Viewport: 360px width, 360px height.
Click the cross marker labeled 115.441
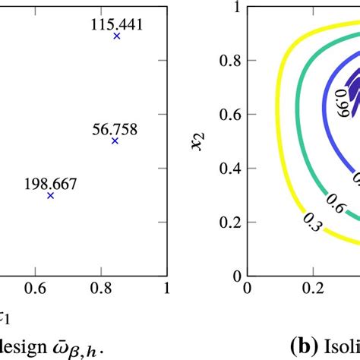pyautogui.click(x=116, y=36)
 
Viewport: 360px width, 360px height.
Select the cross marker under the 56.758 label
pyautogui.click(x=115, y=141)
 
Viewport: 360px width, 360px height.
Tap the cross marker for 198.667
pyautogui.click(x=51, y=195)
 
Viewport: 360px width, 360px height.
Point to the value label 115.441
pyautogui.click(x=116, y=24)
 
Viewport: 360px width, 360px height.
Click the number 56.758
pyautogui.click(x=115, y=128)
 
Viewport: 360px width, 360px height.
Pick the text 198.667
pyautogui.click(x=51, y=183)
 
